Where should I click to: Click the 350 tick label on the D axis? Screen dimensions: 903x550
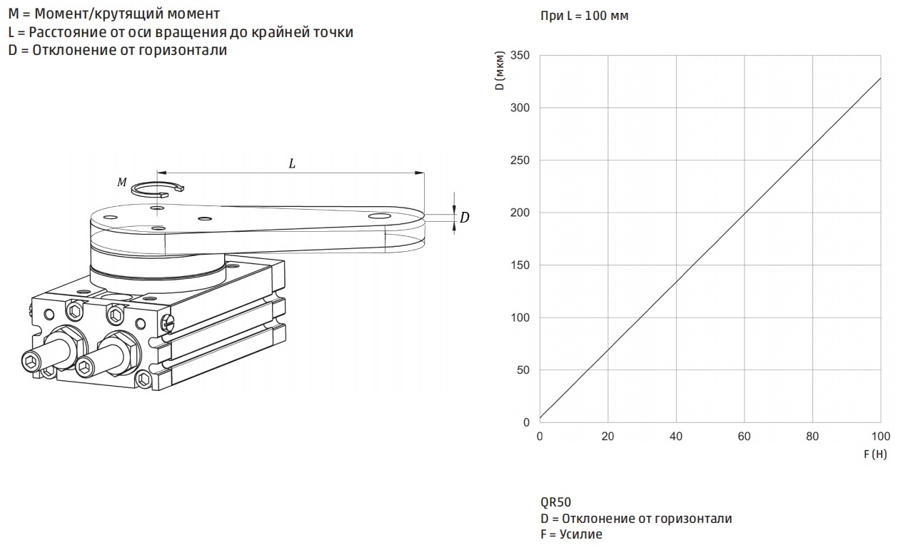[x=520, y=55]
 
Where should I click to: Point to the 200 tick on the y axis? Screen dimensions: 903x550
[x=520, y=213]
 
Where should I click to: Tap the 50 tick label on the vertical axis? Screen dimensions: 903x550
[x=523, y=370]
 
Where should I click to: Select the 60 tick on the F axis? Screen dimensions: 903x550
[x=744, y=437]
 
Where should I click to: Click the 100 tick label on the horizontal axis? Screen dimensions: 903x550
[x=881, y=437]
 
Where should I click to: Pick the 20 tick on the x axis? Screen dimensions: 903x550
[x=608, y=437]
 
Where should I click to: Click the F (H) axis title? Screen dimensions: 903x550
[x=875, y=454]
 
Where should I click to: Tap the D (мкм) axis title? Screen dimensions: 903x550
[x=500, y=71]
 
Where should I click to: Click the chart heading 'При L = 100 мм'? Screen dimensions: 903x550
[x=584, y=16]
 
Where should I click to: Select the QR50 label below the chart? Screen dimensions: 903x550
[x=556, y=502]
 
